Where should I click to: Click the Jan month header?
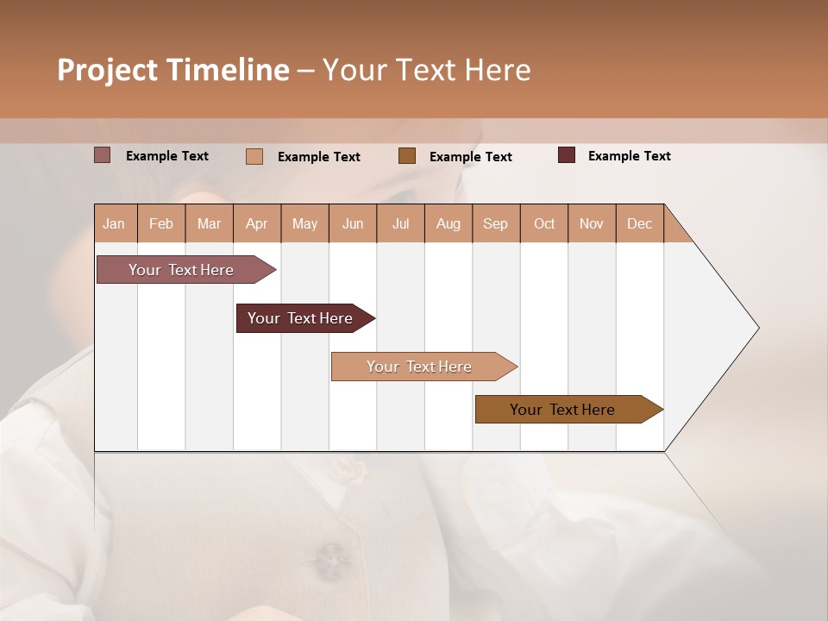[x=114, y=223]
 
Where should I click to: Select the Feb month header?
[x=161, y=223]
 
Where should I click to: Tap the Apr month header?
[x=256, y=223]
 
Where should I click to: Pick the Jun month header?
[x=353, y=223]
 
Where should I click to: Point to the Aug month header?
[x=448, y=223]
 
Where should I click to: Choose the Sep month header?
[x=495, y=223]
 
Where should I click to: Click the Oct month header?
[x=544, y=223]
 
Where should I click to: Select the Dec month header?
[x=639, y=223]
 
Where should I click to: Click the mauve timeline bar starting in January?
[x=182, y=270]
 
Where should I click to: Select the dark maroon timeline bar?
[x=301, y=318]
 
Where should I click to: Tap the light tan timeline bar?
[x=420, y=367]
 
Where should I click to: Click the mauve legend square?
[x=102, y=155]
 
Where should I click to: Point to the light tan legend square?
[x=254, y=156]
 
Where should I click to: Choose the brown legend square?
[x=407, y=156]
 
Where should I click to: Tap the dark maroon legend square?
[x=566, y=155]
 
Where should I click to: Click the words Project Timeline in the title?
[x=172, y=70]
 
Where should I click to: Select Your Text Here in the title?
[x=426, y=70]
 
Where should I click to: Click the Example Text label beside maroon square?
[x=629, y=156]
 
